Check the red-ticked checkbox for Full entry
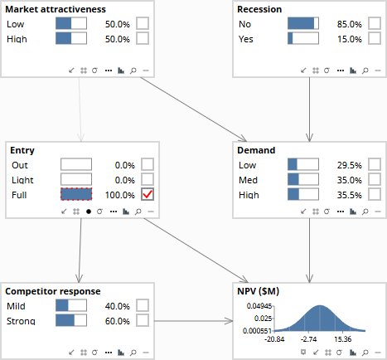148,194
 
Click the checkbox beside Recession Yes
375,38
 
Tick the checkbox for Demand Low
375,164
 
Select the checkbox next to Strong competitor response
143,320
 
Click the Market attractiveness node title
56,9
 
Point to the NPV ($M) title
259,291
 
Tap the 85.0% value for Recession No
349,24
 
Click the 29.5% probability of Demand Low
349,165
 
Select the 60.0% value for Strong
118,321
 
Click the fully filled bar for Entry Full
76,194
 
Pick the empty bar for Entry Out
76,164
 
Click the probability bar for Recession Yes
303,38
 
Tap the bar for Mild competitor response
71,306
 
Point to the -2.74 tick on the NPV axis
308,339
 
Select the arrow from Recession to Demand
309,109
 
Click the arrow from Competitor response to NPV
193,321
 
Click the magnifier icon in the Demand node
365,212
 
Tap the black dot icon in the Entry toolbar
89,212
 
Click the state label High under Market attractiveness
17,39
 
